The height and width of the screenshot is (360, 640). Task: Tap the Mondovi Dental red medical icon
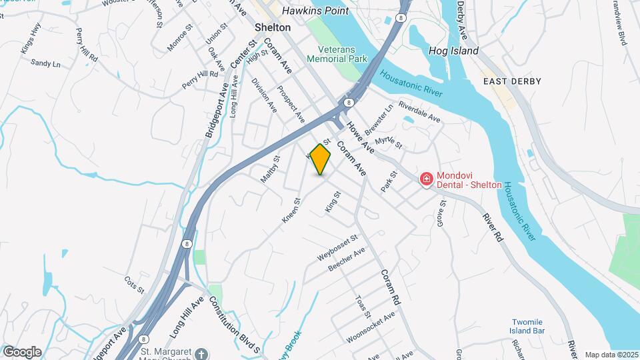pyautogui.click(x=426, y=179)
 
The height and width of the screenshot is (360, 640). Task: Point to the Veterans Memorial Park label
pyautogui.click(x=337, y=54)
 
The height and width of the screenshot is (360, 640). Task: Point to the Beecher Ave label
pyautogui.click(x=347, y=259)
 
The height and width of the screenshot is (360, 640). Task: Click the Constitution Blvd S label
pyautogui.click(x=233, y=325)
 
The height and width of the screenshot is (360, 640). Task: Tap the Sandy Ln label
pyautogui.click(x=45, y=63)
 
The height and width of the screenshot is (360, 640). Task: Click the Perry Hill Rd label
pyautogui.click(x=200, y=80)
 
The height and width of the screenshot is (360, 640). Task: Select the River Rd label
pyautogui.click(x=493, y=227)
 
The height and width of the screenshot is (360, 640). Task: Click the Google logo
pyautogui.click(x=22, y=351)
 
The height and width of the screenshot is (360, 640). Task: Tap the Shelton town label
pyautogui.click(x=273, y=28)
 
